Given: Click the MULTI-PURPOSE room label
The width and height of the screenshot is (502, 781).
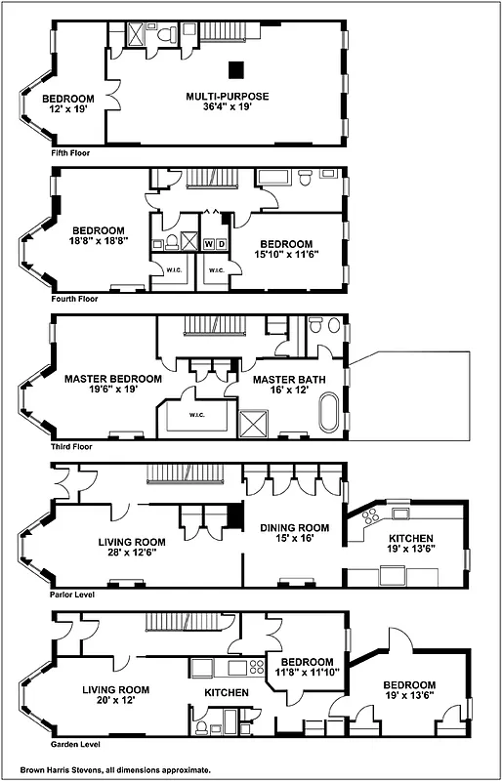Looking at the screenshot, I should [228, 96].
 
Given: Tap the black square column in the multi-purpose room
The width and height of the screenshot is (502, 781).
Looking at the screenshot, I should [236, 69].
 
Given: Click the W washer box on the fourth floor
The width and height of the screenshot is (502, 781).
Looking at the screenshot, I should [208, 243].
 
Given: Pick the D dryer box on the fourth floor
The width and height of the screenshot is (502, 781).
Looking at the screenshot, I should [221, 243].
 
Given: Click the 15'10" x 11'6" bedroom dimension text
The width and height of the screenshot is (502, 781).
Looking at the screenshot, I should [286, 256].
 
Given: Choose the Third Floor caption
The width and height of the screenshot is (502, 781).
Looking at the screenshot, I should [74, 446].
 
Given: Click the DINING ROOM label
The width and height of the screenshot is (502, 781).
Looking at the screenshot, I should [294, 527].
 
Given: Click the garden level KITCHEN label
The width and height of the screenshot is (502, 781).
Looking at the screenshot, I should [227, 693].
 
